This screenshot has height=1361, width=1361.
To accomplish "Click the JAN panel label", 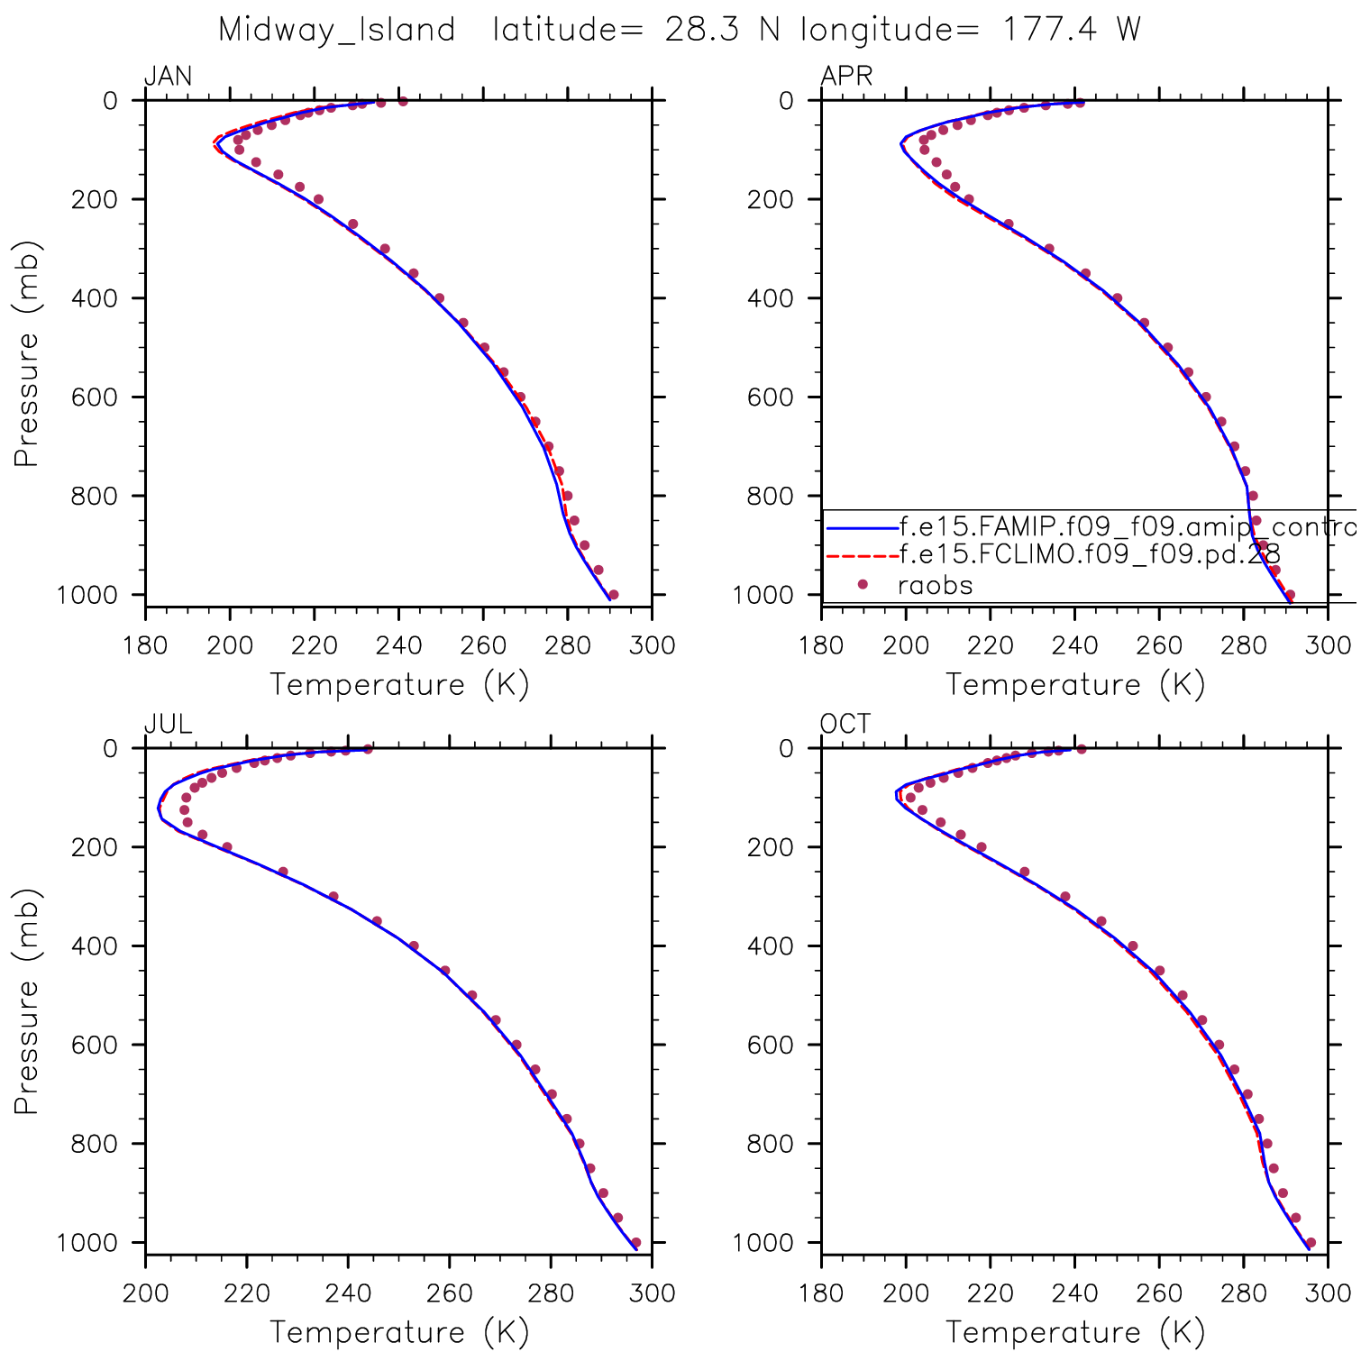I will point(169,76).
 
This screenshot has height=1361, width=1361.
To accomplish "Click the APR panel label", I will point(846,76).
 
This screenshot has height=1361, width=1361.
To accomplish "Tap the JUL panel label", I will point(168,724).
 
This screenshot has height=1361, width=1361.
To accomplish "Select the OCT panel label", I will point(845,724).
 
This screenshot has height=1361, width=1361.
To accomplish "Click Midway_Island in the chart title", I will point(337,31).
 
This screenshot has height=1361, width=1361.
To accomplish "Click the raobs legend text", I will point(936,586).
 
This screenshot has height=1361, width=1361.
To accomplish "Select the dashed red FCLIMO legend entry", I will point(1089,554).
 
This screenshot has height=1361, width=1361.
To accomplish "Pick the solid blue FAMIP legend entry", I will point(1127,526).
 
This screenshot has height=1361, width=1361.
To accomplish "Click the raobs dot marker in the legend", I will point(863,585).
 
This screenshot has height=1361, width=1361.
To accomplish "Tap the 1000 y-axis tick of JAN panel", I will point(87,595).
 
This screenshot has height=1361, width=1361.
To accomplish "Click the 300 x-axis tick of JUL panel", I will point(653,1293).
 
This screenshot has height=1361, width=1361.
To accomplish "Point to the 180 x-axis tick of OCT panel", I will point(821,1293).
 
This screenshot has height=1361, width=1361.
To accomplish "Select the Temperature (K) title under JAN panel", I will point(399,685).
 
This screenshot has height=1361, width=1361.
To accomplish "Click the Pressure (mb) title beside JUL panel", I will point(26,1000).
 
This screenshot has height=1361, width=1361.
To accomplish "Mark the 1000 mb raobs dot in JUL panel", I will point(635,1242).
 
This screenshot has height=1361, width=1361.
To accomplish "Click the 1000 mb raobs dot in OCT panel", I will point(1311,1242).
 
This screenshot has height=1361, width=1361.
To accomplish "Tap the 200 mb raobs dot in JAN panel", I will point(317,199).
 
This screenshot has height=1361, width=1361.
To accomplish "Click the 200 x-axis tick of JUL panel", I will point(145,1293).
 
